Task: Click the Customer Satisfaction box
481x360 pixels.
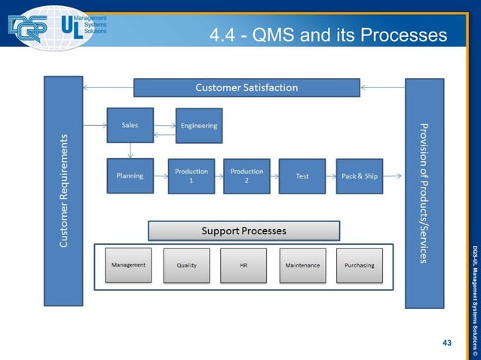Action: coord(247,88)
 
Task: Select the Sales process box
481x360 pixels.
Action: coord(130,125)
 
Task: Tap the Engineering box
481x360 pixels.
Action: coord(199,126)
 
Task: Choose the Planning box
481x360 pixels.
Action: coord(130,176)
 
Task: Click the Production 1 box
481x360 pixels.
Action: coord(191,176)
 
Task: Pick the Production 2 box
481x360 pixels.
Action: coord(247,176)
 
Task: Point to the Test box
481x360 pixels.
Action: coord(302,176)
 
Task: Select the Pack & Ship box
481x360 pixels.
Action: coord(359,176)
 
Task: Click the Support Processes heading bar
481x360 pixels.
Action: coord(244,230)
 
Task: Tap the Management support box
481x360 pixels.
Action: coord(128,265)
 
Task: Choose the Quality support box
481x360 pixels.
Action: coord(186,266)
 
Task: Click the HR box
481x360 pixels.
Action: coord(243,266)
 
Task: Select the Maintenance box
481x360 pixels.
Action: coord(302,266)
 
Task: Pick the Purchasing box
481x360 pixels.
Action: coord(359,266)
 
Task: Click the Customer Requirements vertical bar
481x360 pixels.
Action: coord(63,191)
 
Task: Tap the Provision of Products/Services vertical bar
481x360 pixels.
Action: coord(424,193)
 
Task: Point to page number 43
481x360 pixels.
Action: coord(447,343)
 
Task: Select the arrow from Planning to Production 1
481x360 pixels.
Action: coord(161,176)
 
